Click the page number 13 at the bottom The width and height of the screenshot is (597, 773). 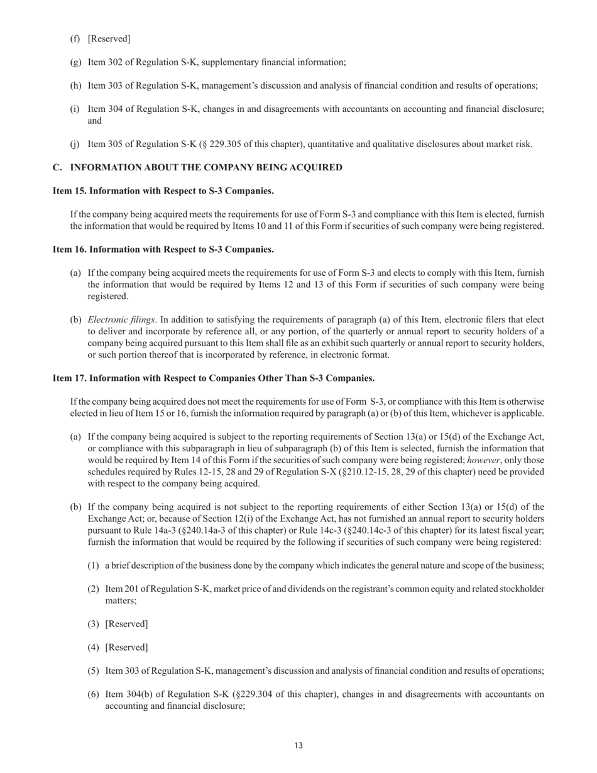(298, 746)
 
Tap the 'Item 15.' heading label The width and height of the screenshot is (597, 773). (70, 191)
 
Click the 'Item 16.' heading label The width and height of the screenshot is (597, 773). (70, 249)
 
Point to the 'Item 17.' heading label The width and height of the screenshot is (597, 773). (70, 378)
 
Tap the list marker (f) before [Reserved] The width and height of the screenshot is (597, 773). (75, 39)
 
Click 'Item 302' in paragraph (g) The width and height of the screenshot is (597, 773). (106, 62)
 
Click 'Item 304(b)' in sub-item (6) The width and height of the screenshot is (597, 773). (129, 694)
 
